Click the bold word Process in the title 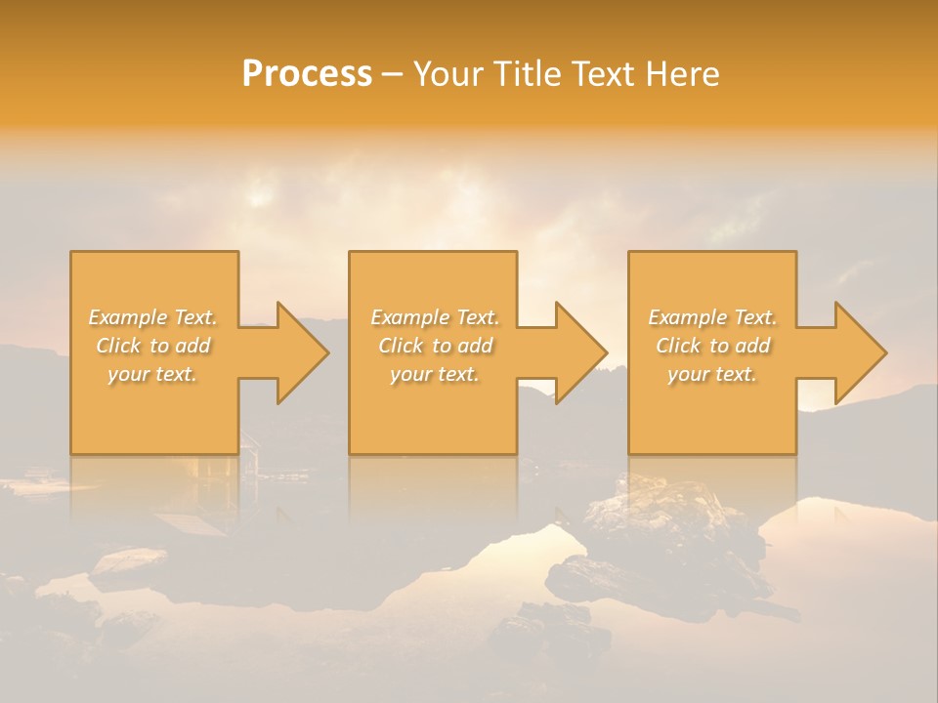point(307,74)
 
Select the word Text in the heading point(605,74)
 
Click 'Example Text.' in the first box point(152,317)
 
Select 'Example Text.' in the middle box point(435,317)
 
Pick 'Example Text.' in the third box point(712,317)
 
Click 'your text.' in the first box point(152,374)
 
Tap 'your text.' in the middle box point(435,374)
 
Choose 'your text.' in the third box point(712,374)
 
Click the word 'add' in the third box point(753,346)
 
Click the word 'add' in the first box point(193,346)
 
